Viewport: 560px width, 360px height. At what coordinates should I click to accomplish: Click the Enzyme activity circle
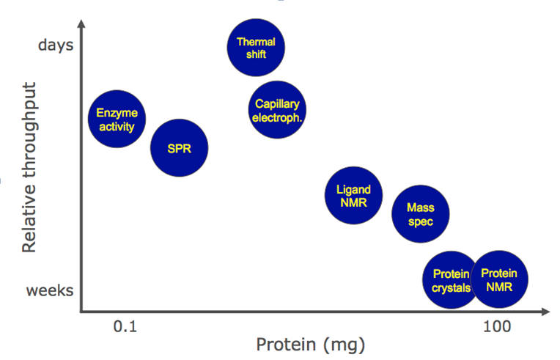click(117, 120)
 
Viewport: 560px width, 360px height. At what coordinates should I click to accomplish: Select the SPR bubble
click(179, 148)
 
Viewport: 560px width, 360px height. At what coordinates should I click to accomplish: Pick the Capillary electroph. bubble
click(276, 110)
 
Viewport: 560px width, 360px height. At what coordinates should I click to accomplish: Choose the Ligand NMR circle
click(353, 195)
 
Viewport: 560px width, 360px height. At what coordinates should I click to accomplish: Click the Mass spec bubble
click(419, 214)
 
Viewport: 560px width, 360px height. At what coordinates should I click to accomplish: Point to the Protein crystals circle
click(451, 281)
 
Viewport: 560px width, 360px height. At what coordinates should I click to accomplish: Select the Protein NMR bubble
click(500, 279)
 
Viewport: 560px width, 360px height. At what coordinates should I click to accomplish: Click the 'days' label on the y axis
click(55, 45)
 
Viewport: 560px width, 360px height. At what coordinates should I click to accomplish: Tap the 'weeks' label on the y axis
click(50, 290)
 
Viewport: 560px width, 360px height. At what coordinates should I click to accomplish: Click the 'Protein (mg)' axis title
click(310, 344)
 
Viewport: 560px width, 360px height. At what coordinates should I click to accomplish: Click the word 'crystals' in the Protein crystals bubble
click(451, 288)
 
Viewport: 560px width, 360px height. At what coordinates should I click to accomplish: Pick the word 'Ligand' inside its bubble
click(353, 189)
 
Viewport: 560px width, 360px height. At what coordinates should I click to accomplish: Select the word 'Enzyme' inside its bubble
click(117, 114)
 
